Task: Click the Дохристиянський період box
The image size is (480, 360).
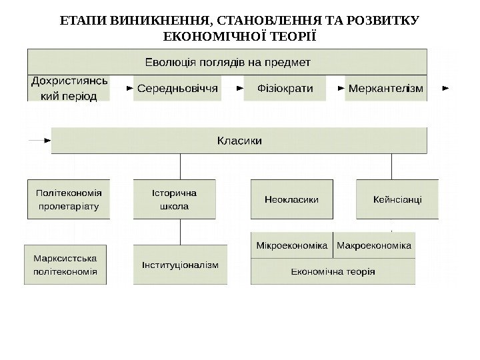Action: pos(69,88)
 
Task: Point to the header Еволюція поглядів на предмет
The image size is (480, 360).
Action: pos(227,62)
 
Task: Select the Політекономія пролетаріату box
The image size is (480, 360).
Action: pos(69,199)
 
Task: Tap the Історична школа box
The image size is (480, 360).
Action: pos(175,199)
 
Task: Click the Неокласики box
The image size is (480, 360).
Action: pos(291,199)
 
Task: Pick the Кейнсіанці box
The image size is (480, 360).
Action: pos(398,199)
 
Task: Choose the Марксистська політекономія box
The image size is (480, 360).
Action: pos(65,265)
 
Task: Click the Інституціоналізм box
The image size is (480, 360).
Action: pos(180,265)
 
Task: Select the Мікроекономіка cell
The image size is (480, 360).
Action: pos(292,245)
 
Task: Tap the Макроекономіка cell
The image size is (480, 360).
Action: pos(374,245)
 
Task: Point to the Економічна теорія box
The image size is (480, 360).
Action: pos(333,271)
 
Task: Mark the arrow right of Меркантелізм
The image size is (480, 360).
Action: pos(445,87)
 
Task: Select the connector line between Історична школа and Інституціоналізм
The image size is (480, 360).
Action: pos(181,232)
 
